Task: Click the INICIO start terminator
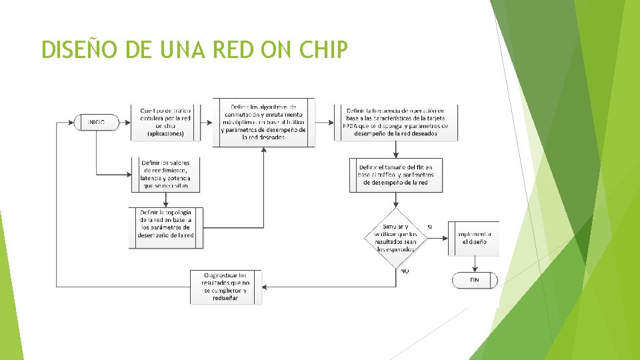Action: [x=97, y=122]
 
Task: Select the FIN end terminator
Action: [x=475, y=280]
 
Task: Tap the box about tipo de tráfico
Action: [x=165, y=122]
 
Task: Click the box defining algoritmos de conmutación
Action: [x=264, y=122]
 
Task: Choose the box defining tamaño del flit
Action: [x=396, y=175]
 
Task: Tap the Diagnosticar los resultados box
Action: [x=227, y=287]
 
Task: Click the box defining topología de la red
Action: [x=165, y=228]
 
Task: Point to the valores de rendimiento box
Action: [x=165, y=175]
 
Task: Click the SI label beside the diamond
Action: [x=430, y=227]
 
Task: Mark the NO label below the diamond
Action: [x=405, y=271]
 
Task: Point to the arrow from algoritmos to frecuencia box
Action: [x=325, y=122]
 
